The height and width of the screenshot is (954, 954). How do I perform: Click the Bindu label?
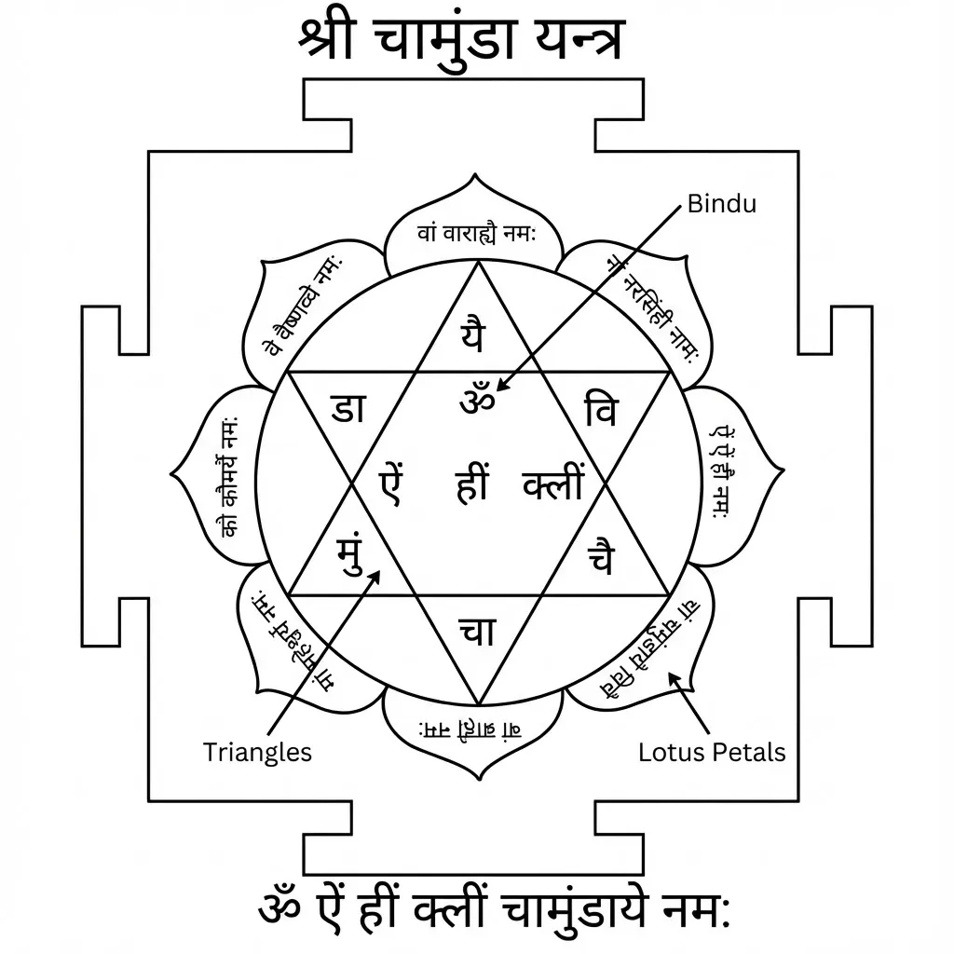pos(721,204)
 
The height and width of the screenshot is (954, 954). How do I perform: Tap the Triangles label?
pos(257,752)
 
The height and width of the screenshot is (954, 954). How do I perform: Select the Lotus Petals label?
pos(712,752)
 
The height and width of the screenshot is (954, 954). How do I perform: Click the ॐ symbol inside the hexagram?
pos(478,402)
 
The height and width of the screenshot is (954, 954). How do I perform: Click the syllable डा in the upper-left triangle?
pos(348,408)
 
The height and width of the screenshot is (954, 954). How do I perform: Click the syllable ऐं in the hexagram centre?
pos(390,485)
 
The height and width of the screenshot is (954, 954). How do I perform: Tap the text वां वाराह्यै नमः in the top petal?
pos(476,234)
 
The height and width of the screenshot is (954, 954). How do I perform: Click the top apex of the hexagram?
pos(477,263)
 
